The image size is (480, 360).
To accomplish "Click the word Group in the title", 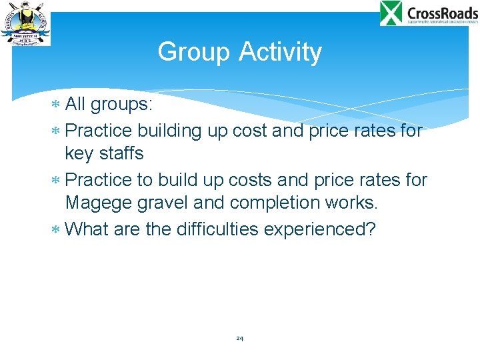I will coord(194,52).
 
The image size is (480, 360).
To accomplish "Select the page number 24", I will coord(239,339).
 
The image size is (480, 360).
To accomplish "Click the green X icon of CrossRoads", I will coord(391,13).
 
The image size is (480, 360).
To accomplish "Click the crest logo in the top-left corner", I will coord(25,24).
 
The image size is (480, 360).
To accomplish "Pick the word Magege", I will coord(99,202).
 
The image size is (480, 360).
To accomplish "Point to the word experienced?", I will coord(320,229).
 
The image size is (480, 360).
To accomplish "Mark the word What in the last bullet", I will coord(88,229).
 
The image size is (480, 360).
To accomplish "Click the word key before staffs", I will coord(79,154).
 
